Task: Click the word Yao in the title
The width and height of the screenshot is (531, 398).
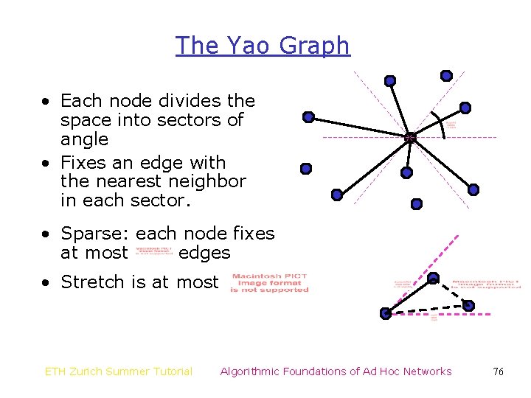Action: point(247,46)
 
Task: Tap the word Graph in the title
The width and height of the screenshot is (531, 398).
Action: point(316,46)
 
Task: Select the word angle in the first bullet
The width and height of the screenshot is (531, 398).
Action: point(84,139)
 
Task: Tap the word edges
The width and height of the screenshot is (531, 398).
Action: point(204,254)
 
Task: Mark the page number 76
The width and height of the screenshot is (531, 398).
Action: point(498,371)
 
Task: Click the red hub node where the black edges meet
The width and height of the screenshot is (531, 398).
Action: point(410,137)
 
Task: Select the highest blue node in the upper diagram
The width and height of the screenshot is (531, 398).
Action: point(446,75)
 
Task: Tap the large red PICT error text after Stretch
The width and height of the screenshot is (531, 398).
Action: point(269,283)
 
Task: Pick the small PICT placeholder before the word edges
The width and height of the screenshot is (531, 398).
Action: point(154,254)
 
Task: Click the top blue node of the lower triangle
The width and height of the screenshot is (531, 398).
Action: point(434,278)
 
